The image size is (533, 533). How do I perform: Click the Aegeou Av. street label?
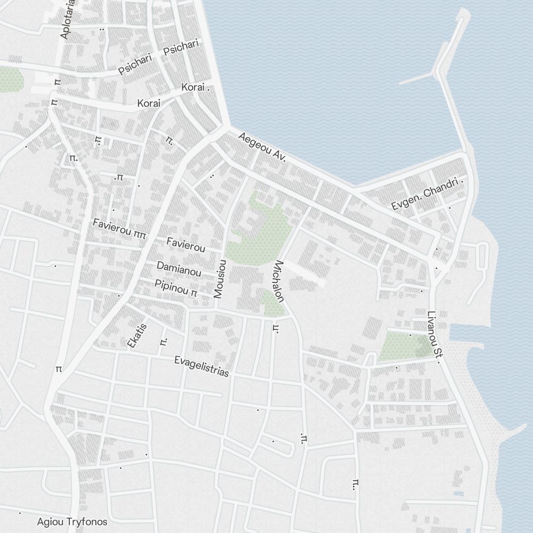tap(262, 148)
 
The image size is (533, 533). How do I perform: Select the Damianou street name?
tap(179, 269)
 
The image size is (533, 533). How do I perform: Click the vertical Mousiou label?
tap(221, 279)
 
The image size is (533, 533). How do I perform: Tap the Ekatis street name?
tap(136, 335)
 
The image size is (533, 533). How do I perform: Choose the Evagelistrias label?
tap(201, 367)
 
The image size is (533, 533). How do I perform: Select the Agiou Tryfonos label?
tap(72, 522)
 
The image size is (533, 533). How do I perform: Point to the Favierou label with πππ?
tap(119, 226)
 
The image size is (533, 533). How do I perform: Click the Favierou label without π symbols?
tap(185, 245)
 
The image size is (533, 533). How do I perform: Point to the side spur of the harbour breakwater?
tap(416, 79)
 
